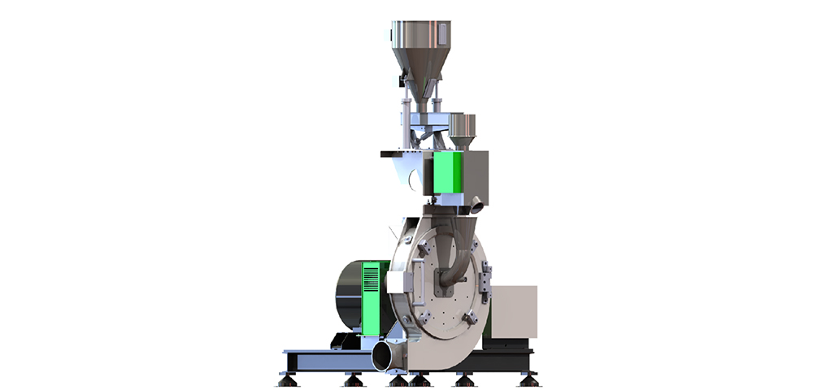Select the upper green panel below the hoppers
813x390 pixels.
pos(447,174)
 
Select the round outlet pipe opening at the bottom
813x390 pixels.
pos(385,357)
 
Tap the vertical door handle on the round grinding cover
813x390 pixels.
pos(396,301)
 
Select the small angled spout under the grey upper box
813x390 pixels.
pos(477,205)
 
